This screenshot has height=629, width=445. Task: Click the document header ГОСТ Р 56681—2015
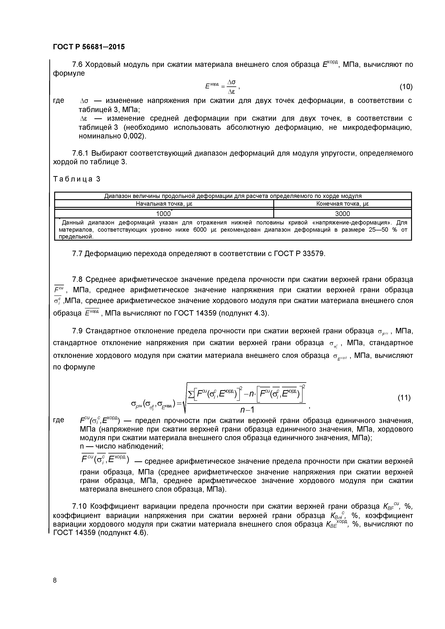(x=89, y=47)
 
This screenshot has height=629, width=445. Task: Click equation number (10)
(x=406, y=87)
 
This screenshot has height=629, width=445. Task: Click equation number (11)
(x=404, y=398)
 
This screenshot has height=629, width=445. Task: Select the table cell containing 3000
(x=343, y=214)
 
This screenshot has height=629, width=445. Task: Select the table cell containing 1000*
(x=164, y=214)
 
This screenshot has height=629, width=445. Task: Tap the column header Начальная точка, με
(x=164, y=204)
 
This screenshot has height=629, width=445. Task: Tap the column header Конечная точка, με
(x=343, y=204)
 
